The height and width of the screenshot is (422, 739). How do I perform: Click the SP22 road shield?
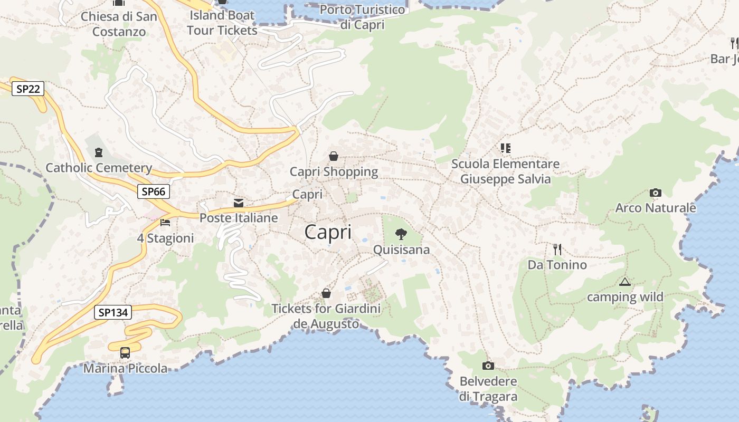28,89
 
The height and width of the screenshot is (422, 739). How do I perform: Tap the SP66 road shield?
154,191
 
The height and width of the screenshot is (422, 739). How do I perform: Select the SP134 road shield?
113,312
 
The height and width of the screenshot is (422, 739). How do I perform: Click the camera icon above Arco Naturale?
656,193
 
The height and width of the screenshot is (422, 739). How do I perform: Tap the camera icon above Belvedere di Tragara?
488,366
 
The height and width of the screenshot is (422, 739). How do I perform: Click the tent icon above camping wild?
625,282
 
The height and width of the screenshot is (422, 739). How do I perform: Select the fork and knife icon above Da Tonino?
557,249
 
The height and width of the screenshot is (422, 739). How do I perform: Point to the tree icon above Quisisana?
401,234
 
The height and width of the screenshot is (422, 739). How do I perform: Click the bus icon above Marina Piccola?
125,353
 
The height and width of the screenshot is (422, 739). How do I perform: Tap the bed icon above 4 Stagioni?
165,223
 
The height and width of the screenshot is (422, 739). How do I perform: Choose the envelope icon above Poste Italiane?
239,203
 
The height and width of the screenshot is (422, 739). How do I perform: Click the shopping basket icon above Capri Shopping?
334,156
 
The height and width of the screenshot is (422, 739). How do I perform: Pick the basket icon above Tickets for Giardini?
326,293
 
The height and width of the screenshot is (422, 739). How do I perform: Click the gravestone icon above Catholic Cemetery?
98,153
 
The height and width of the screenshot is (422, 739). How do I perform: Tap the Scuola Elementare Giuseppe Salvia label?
505,171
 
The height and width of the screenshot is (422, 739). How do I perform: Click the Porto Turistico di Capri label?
363,17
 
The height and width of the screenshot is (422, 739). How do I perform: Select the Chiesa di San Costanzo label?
119,24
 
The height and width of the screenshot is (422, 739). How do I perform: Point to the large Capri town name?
328,232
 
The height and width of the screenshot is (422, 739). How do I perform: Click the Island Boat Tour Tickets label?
222,23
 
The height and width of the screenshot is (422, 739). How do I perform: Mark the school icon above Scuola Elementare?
506,148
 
